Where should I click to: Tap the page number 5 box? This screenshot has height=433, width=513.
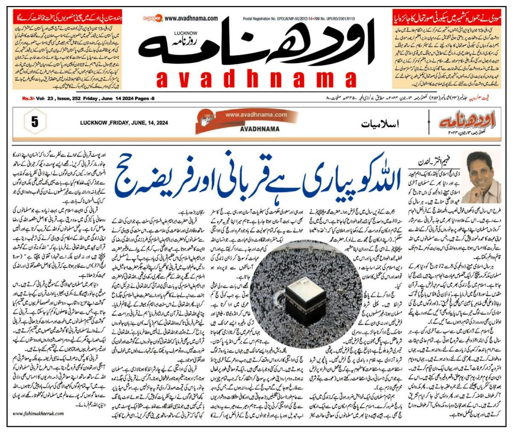click(35, 122)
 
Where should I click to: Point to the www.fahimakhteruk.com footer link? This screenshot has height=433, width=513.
click(38, 413)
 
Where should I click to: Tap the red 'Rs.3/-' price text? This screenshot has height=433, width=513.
click(29, 99)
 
